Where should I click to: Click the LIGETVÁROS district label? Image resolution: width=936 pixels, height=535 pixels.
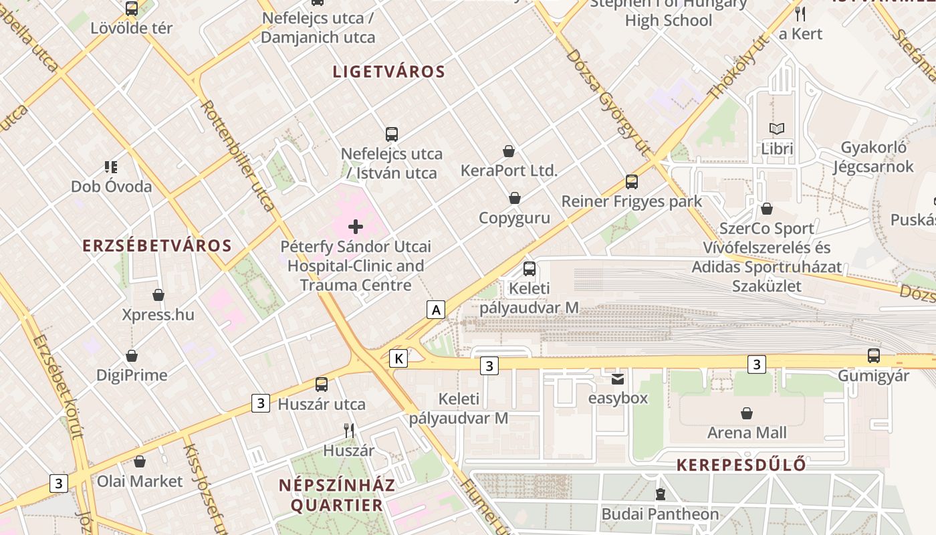(389, 72)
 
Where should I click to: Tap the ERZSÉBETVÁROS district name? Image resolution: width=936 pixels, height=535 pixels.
(157, 245)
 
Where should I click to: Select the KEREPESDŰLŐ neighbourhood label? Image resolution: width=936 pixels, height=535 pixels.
(741, 465)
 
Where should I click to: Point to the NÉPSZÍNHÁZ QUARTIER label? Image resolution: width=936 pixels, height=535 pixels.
(337, 495)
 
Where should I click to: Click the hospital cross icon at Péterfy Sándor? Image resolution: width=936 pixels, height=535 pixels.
(356, 227)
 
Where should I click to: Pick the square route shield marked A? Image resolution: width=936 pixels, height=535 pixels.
(436, 310)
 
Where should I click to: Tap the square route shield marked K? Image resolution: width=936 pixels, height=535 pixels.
(398, 358)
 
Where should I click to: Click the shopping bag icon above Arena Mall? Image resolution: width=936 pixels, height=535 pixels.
(747, 413)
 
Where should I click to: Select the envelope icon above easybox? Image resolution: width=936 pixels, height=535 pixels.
(618, 379)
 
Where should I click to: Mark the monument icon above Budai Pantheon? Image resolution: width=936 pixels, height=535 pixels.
(661, 495)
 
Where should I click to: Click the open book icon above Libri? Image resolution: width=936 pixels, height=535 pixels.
(777, 128)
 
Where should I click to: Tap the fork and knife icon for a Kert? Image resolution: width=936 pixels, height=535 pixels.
(800, 13)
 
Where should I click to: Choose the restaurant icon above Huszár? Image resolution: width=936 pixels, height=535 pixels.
(348, 430)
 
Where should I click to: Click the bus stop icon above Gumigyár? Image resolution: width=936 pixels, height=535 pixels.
(874, 356)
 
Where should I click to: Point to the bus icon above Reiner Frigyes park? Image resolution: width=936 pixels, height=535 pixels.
(632, 181)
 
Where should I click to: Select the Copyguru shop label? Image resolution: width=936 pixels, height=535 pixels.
(514, 218)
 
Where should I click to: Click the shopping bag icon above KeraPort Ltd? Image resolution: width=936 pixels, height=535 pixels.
(509, 151)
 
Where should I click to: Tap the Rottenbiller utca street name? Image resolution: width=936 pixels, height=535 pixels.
(237, 155)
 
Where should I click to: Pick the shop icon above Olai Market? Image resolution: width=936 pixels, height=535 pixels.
(140, 461)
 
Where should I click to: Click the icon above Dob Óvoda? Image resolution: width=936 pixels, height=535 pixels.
(111, 167)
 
